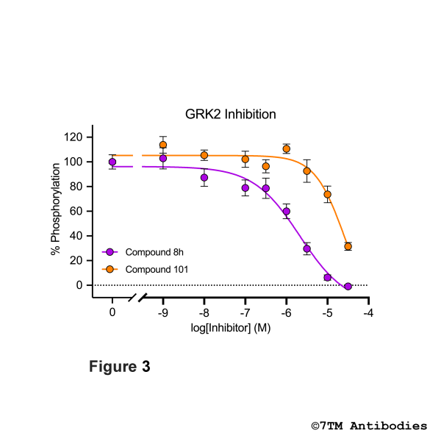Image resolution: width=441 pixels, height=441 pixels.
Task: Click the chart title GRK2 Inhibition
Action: pyautogui.click(x=230, y=115)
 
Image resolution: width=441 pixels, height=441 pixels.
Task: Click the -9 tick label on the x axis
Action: pyautogui.click(x=163, y=312)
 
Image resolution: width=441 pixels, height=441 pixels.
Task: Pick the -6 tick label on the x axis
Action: pyautogui.click(x=287, y=312)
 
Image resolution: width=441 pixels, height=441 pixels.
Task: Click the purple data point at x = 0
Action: pyautogui.click(x=112, y=162)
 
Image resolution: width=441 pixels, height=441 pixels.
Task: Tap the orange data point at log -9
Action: pyautogui.click(x=163, y=145)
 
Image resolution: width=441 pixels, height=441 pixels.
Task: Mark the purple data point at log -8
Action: pyautogui.click(x=204, y=178)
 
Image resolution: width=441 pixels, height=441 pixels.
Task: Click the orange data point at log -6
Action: pyautogui.click(x=287, y=148)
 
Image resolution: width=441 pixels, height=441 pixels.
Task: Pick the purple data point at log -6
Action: pyautogui.click(x=287, y=212)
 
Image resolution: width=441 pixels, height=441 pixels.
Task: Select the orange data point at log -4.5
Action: pyautogui.click(x=348, y=246)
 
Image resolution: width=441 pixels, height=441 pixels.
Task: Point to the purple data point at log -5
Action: pyautogui.click(x=328, y=277)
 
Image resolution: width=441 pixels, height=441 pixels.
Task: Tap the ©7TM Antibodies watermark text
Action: pyautogui.click(x=369, y=426)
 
